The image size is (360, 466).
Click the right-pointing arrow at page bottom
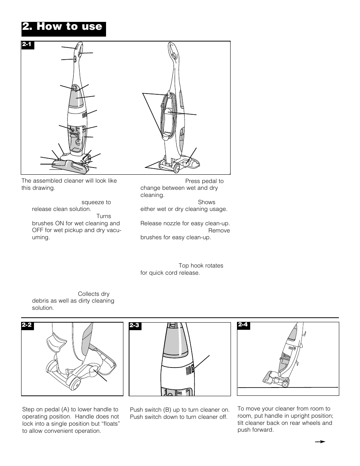point(320,441)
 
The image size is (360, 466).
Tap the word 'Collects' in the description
point(88,294)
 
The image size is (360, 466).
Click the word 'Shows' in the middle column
point(206,202)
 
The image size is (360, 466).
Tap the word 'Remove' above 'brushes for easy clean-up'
point(219,231)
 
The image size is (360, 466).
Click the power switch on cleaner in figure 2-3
point(193,368)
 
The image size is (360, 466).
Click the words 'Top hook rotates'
point(201,266)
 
